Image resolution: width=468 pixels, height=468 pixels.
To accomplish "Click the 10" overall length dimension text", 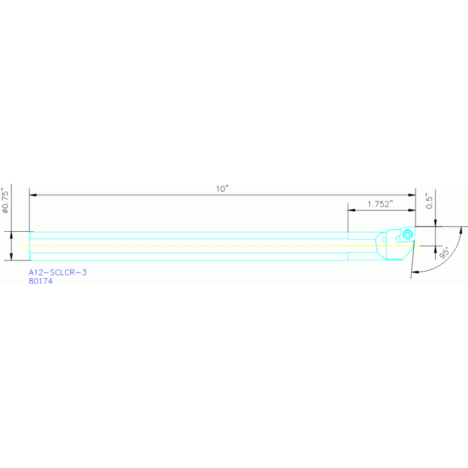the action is [x=222, y=189].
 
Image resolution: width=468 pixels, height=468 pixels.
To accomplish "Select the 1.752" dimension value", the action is [x=380, y=204].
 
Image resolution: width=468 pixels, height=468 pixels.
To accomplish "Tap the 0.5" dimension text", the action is [x=429, y=201].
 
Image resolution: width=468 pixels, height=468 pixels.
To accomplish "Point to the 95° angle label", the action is [x=444, y=253].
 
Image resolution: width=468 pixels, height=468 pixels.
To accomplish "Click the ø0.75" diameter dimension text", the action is [x=5, y=200].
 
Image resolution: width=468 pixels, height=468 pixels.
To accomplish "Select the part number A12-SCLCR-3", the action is [x=57, y=272].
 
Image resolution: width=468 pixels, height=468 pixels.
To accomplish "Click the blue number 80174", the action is [x=41, y=281].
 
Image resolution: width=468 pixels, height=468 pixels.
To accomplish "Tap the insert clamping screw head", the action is [x=407, y=234].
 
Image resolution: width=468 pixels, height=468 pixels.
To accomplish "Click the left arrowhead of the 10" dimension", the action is [x=33, y=195].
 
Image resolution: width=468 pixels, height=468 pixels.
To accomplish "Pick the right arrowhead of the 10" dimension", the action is [x=412, y=195].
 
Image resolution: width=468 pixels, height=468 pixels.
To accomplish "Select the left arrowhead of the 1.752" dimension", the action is [x=351, y=210].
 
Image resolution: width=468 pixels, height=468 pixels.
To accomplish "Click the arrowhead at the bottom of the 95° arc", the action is [x=415, y=272].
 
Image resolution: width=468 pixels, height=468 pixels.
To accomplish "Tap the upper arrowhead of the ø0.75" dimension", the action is [x=12, y=235].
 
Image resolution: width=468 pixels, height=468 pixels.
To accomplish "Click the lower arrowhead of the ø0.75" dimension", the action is [x=12, y=256].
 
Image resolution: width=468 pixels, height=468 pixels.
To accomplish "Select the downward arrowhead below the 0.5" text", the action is [x=436, y=223].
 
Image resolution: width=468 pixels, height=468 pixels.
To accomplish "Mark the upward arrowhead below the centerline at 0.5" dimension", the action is [x=436, y=250].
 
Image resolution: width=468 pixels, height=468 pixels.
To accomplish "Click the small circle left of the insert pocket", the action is [x=384, y=239].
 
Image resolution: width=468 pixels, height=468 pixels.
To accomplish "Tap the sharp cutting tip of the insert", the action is [x=415, y=227].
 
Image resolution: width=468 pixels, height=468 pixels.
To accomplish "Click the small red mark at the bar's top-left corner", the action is [x=31, y=232].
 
